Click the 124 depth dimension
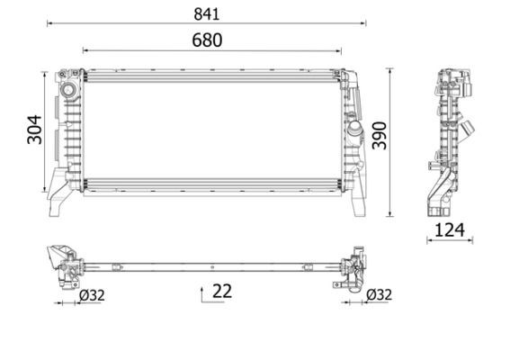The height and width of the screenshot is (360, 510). pos(450,230)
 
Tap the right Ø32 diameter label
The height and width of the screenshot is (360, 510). pos(380,294)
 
